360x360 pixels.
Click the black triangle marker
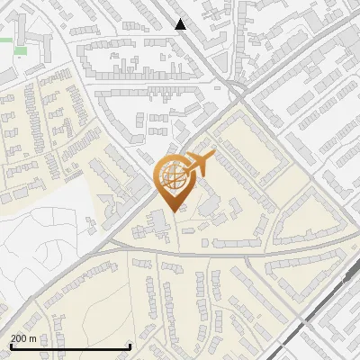point(181,24)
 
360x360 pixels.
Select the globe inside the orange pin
point(171,175)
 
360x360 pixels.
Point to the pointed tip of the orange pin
point(172,211)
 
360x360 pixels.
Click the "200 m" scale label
point(24,338)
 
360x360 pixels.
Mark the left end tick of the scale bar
point(10,346)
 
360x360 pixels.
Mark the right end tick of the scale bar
point(131,346)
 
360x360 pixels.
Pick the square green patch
point(20,50)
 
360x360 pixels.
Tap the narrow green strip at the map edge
point(6,40)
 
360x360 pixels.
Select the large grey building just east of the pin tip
point(209,206)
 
